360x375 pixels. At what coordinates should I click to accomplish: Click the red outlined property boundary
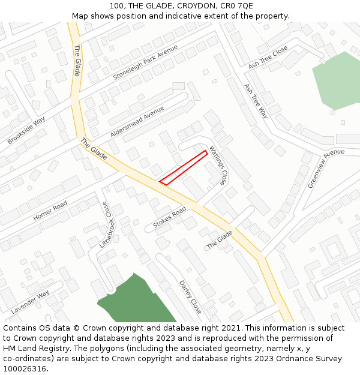pos(184,167)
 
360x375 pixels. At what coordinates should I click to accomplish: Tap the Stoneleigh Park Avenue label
pos(145,62)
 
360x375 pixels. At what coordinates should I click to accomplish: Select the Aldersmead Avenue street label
pos(137,122)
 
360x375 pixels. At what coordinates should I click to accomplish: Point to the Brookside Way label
pos(26,130)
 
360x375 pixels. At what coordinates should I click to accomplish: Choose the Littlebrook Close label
pos(104,226)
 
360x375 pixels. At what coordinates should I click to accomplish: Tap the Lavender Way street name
pos(30,302)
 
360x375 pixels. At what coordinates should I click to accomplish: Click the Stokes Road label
pos(170,217)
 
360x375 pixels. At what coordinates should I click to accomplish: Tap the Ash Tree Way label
pos(256,101)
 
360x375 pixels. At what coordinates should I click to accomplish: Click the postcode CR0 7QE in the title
pos(237,5)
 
